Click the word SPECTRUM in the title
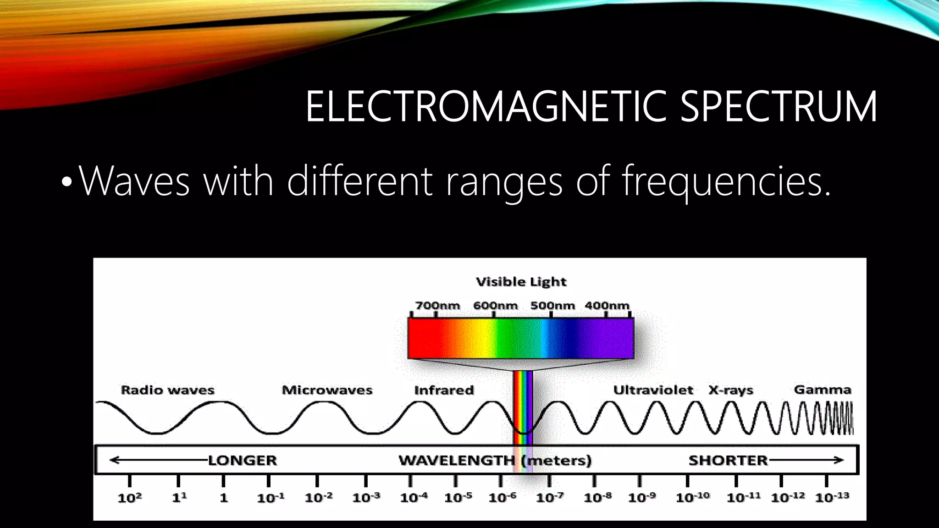click(778, 106)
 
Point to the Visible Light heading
click(521, 281)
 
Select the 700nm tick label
click(437, 305)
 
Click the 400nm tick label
click(607, 305)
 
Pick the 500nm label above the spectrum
click(552, 305)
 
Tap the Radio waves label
click(167, 390)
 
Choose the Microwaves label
click(327, 390)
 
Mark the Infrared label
click(444, 390)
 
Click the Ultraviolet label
click(653, 390)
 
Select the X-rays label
click(731, 390)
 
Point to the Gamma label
click(823, 390)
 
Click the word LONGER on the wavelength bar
click(243, 460)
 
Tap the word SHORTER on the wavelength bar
click(728, 460)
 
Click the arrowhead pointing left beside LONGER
click(114, 460)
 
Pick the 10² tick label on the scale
click(130, 498)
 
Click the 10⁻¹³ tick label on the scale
click(832, 497)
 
